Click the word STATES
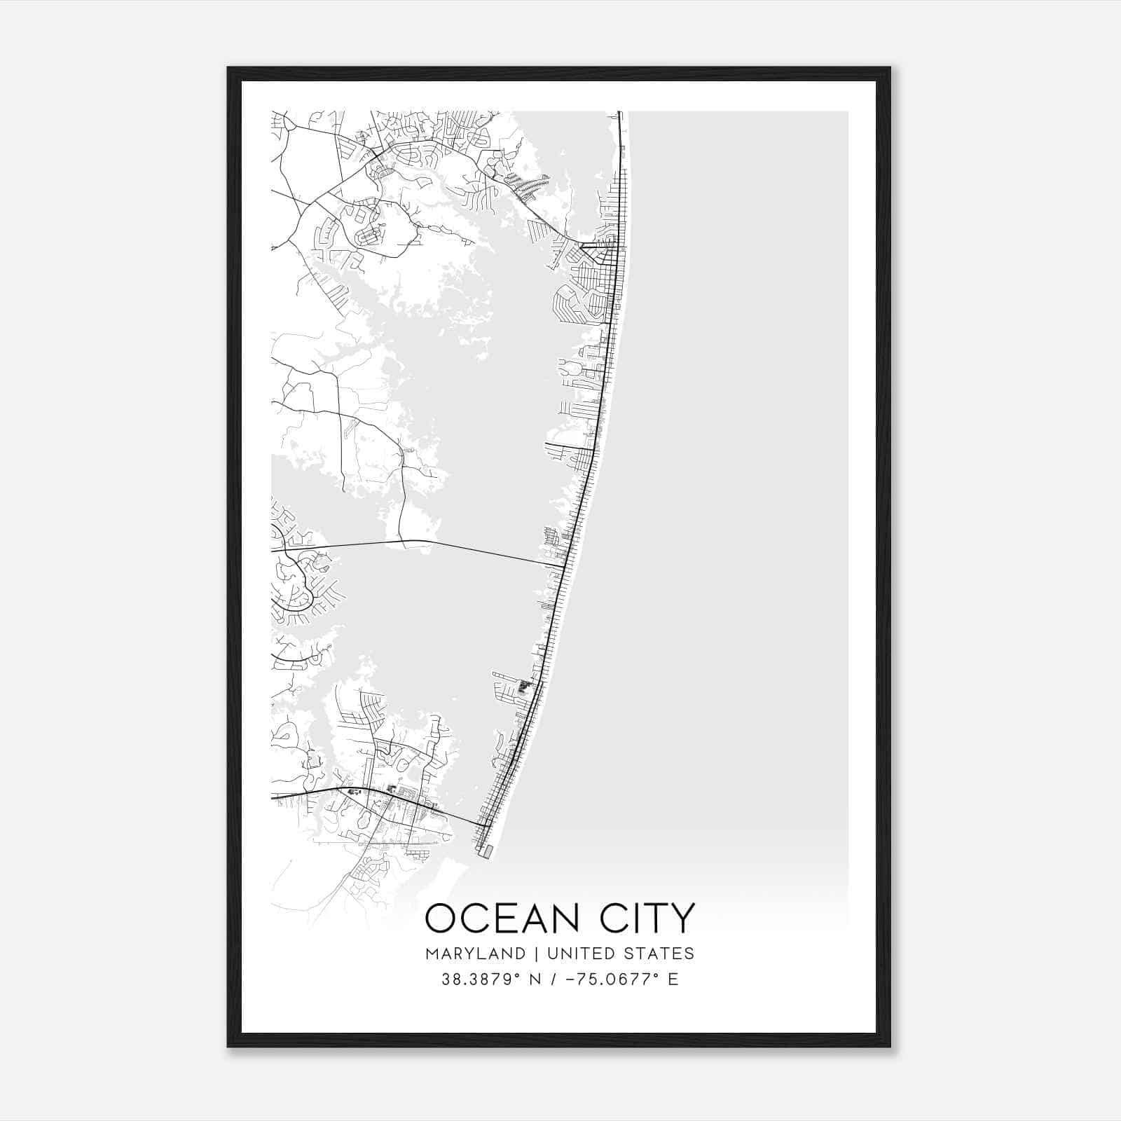659,954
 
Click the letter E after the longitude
673,979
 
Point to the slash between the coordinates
556,979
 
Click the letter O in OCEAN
441,918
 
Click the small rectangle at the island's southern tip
485,851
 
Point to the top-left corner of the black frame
228,68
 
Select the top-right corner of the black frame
890,68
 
